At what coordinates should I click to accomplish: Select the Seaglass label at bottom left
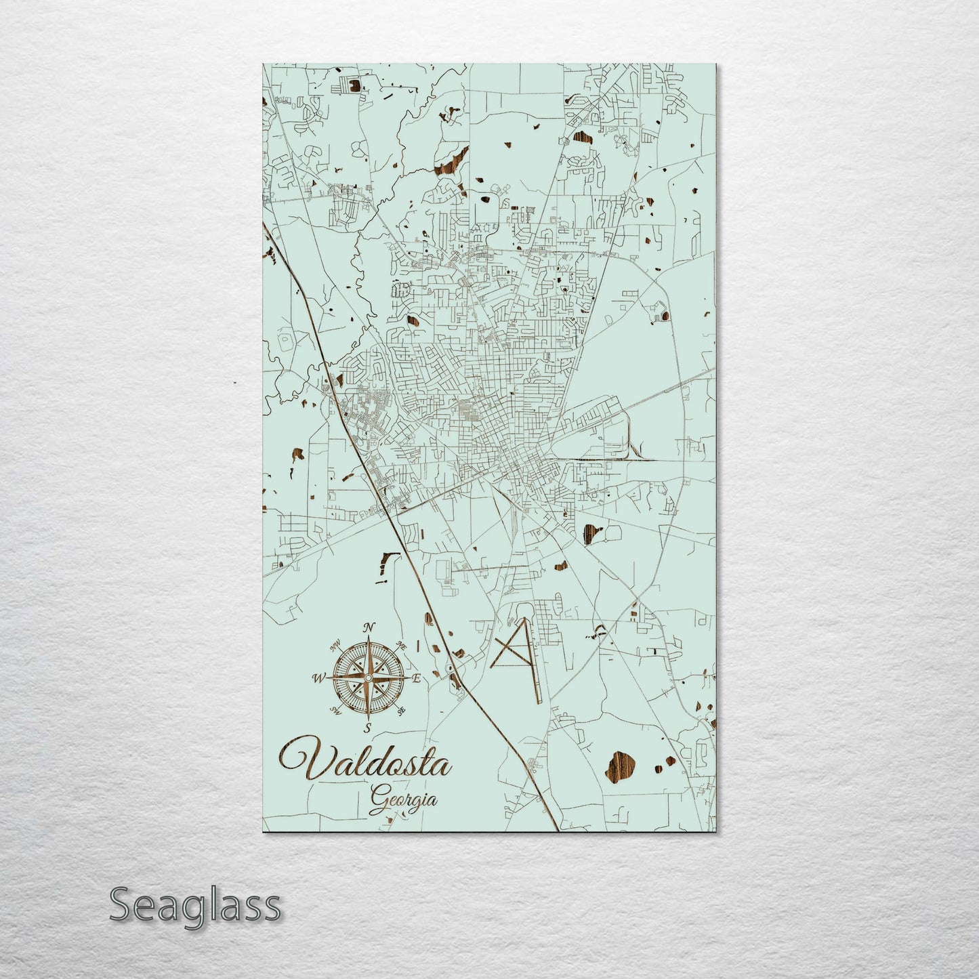point(194,904)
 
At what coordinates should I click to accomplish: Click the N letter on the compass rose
point(369,627)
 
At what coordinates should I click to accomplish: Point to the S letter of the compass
point(367,728)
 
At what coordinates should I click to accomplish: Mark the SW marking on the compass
point(334,710)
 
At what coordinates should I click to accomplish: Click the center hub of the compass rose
point(367,678)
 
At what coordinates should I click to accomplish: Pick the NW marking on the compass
point(334,644)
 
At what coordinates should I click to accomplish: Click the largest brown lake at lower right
point(622,766)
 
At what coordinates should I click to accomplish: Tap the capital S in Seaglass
point(121,905)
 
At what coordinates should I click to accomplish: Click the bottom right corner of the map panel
point(715,832)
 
